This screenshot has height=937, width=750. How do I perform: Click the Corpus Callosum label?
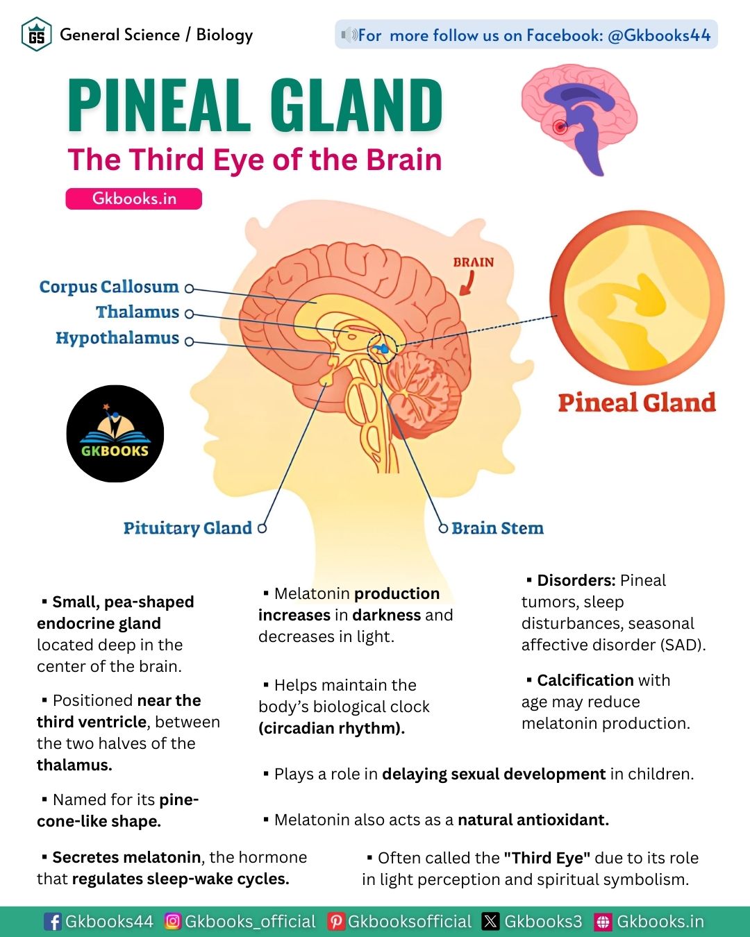coord(109,287)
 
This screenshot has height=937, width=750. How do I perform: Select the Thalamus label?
coord(137,312)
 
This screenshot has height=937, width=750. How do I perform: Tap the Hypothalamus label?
coord(117,338)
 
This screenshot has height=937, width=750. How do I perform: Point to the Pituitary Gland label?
coord(187,528)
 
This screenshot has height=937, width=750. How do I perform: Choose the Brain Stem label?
coord(497,528)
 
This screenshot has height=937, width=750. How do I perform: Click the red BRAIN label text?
coord(473,262)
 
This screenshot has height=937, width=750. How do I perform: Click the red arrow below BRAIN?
coord(467,282)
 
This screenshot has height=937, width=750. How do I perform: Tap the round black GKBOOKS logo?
coord(115,434)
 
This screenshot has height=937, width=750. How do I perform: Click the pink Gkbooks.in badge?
coord(134,199)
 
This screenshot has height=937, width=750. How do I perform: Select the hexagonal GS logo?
coord(37,35)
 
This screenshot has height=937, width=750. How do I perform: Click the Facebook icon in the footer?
coord(52,921)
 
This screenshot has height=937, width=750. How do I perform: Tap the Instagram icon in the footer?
coord(173,921)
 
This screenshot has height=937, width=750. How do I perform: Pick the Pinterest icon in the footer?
coord(336,921)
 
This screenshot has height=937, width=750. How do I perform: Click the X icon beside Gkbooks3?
coord(491,921)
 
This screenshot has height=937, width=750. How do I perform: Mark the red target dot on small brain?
coord(560,127)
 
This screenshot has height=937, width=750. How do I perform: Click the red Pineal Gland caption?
coord(636,403)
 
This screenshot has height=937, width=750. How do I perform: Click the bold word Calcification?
coord(585,680)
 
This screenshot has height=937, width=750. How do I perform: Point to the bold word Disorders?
coord(576,580)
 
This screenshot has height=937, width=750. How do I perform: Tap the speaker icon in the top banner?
coord(349,35)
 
